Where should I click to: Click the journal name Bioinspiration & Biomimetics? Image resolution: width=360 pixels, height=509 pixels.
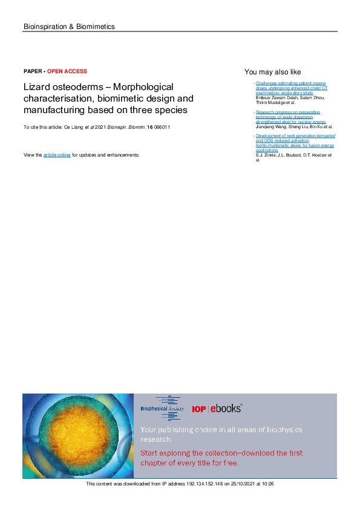(68, 27)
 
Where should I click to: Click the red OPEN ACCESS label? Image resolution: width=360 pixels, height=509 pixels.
(67, 71)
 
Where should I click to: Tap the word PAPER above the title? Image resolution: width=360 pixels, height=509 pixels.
(33, 71)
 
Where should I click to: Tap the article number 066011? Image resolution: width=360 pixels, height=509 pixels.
(162, 128)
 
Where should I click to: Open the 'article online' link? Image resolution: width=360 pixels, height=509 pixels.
(57, 155)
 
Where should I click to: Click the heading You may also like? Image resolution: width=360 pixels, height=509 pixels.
(272, 71)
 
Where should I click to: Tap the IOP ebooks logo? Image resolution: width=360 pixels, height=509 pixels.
(217, 409)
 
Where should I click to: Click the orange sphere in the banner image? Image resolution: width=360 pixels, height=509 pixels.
(76, 435)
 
